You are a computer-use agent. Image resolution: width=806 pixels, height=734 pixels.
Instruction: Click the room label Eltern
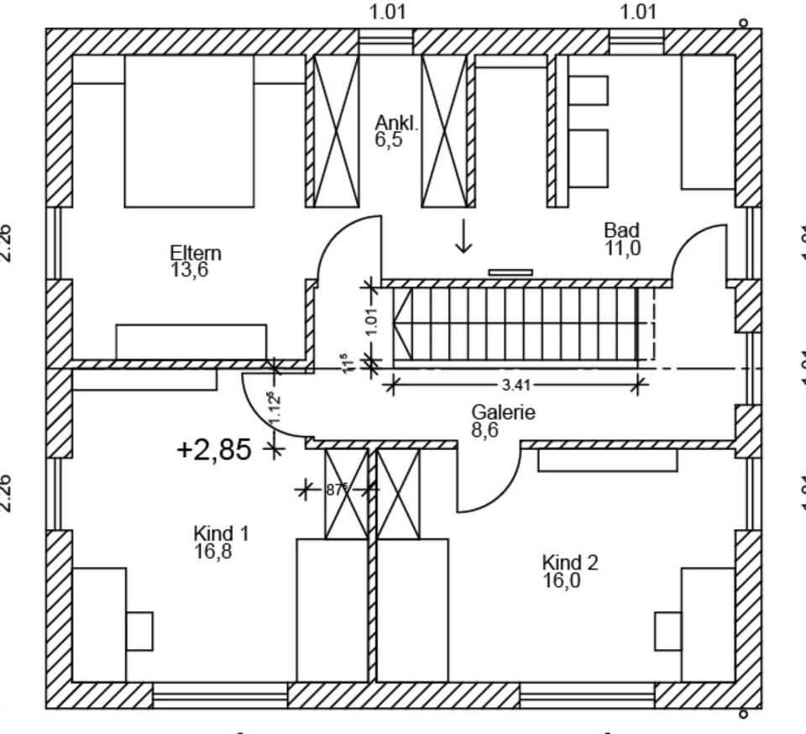pyautogui.click(x=196, y=253)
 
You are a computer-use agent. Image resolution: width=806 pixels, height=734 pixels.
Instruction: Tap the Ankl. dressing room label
pyautogui.click(x=395, y=124)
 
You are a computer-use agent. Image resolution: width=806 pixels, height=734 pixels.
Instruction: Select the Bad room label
pyautogui.click(x=621, y=230)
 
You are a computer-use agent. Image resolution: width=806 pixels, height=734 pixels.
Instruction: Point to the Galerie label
pyautogui.click(x=503, y=412)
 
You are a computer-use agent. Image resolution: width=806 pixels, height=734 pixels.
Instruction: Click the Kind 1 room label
pyautogui.click(x=221, y=533)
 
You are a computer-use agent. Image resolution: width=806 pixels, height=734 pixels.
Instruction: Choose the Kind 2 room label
pyautogui.click(x=570, y=562)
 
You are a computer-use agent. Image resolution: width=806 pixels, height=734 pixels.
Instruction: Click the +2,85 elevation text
pyautogui.click(x=214, y=450)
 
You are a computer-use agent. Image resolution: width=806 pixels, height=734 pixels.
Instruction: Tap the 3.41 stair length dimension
pyautogui.click(x=515, y=385)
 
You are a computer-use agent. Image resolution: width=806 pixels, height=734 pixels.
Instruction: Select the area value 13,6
pyautogui.click(x=189, y=270)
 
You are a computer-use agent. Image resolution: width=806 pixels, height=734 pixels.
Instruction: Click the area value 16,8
pyautogui.click(x=212, y=552)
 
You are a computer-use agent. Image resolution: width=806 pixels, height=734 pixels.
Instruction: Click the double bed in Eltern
pyautogui.click(x=189, y=131)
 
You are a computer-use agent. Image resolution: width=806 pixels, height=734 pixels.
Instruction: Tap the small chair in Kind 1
pyautogui.click(x=139, y=631)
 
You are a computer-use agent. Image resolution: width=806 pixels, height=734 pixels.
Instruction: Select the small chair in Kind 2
pyautogui.click(x=667, y=631)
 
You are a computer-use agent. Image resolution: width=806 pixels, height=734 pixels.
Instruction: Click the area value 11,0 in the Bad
pyautogui.click(x=622, y=248)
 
